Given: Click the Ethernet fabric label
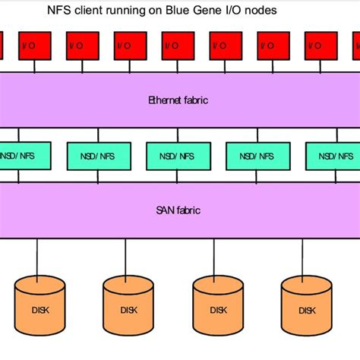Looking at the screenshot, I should point(178,99).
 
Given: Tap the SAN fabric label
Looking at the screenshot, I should point(178,210).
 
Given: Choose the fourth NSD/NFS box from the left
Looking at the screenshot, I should point(257,156).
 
